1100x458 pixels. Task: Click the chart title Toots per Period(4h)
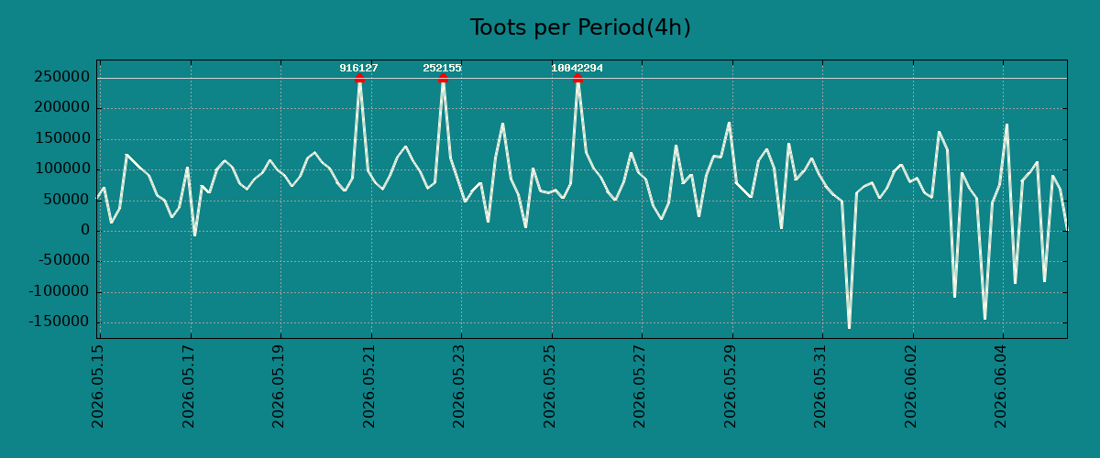(580, 27)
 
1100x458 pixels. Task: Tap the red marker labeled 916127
(359, 79)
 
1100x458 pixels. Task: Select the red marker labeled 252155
(443, 79)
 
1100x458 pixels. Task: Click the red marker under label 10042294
(577, 79)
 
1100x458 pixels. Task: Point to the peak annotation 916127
(359, 68)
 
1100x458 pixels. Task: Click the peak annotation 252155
(443, 68)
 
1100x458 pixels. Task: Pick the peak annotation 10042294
(577, 68)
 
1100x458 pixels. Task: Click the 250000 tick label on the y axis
(62, 77)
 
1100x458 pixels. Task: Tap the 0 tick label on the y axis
(85, 230)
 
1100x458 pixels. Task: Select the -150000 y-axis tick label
(60, 322)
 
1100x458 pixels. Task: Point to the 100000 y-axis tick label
(62, 169)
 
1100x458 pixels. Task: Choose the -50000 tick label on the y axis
(64, 261)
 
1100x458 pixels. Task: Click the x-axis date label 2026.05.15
(98, 387)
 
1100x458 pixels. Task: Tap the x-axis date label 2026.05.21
(368, 387)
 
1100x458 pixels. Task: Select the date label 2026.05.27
(640, 387)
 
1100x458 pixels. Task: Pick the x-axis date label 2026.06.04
(1001, 387)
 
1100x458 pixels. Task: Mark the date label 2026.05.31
(820, 387)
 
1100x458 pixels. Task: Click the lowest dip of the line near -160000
(849, 328)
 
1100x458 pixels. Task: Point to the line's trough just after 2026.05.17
(195, 235)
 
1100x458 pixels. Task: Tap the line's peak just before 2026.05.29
(730, 122)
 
